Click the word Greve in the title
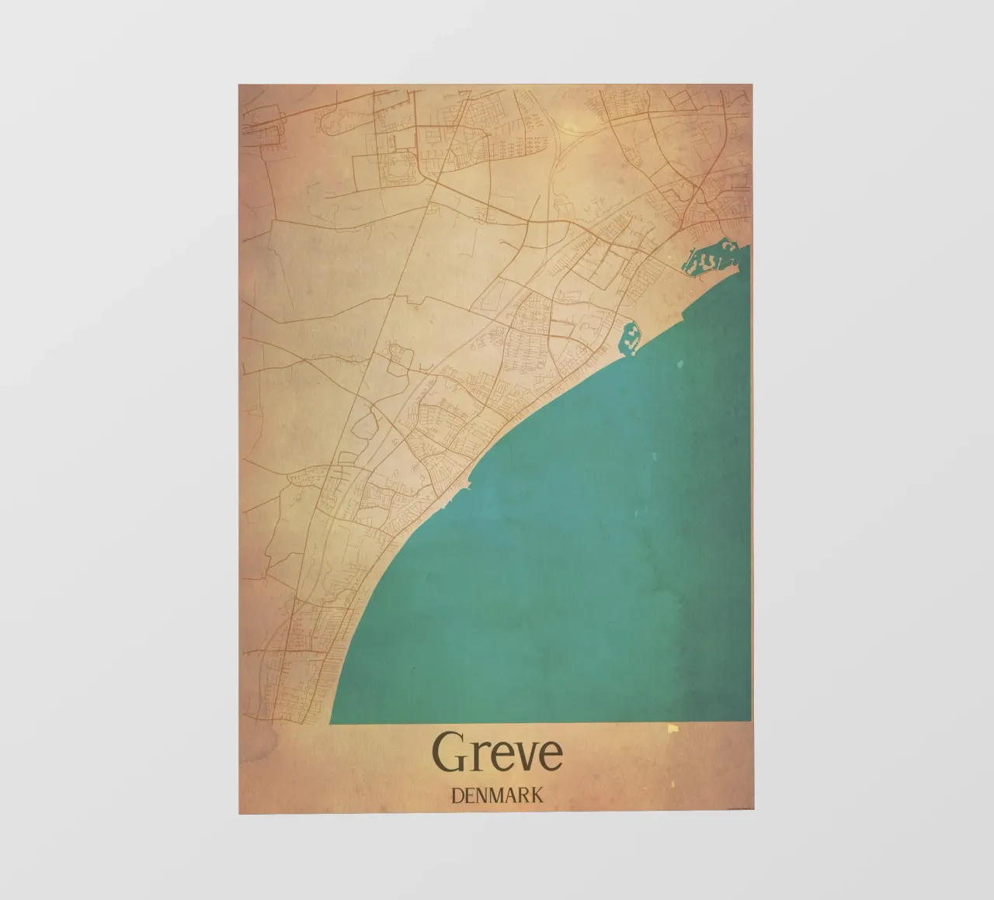tap(497, 753)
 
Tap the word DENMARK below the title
tap(497, 795)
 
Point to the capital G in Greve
tap(448, 753)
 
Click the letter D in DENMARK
tap(457, 795)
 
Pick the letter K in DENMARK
tap(537, 795)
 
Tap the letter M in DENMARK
tap(500, 795)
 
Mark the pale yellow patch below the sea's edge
tap(673, 729)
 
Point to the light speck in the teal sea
tap(681, 365)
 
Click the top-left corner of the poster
tap(239, 85)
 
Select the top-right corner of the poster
tap(751, 85)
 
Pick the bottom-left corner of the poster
tap(239, 814)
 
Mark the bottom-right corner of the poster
tap(751, 814)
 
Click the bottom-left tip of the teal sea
tap(332, 722)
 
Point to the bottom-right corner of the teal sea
tap(750, 721)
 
